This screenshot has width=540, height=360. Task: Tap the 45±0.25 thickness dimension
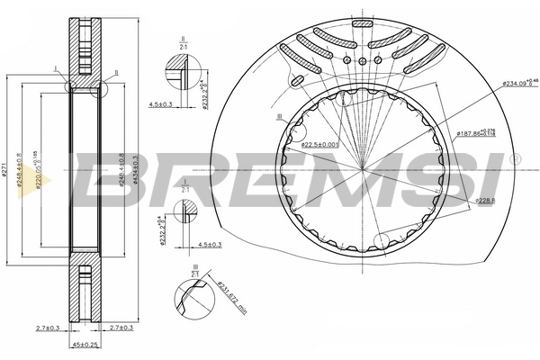(86, 345)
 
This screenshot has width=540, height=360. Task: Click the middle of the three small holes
(362, 60)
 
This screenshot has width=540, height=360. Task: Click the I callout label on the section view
(56, 68)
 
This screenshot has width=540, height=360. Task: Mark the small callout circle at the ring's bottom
(382, 241)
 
